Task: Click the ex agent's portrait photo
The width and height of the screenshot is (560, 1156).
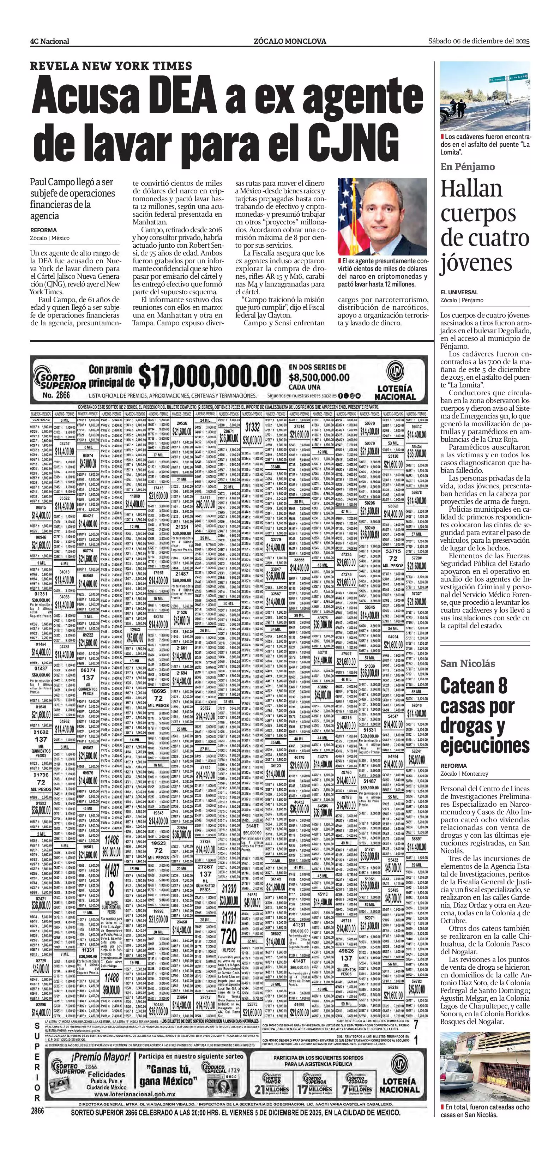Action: coord(382,216)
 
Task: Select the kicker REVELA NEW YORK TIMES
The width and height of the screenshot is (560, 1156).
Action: coord(111,66)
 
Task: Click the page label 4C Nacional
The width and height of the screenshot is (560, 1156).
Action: coord(49,41)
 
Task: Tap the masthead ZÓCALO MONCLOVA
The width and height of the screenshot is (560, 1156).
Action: coord(290,41)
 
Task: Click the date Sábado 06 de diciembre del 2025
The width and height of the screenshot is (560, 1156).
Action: coord(479,41)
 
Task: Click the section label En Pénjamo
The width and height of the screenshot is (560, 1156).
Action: coord(468,167)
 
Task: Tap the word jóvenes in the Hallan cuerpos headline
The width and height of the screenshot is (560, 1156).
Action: coord(476,263)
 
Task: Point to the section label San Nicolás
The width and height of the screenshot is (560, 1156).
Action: coord(468,663)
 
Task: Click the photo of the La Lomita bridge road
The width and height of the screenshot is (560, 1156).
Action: coord(484,96)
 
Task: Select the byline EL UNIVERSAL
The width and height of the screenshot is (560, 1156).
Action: coord(459,292)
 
